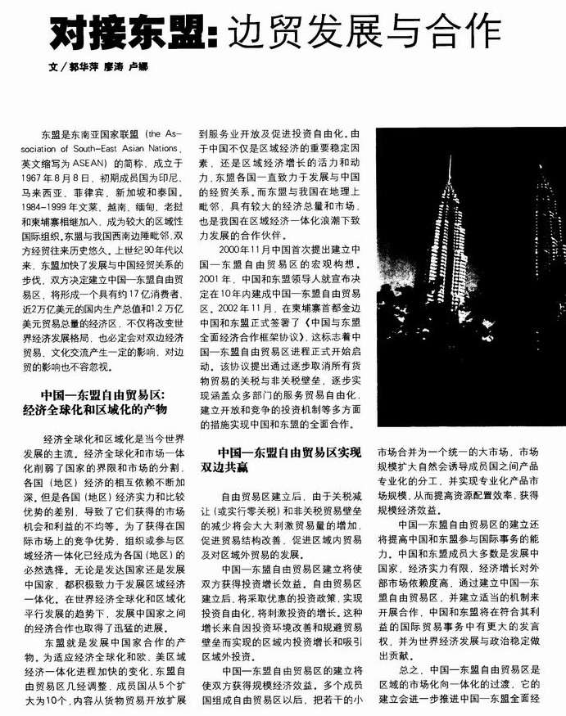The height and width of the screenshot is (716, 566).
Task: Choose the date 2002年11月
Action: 231,309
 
